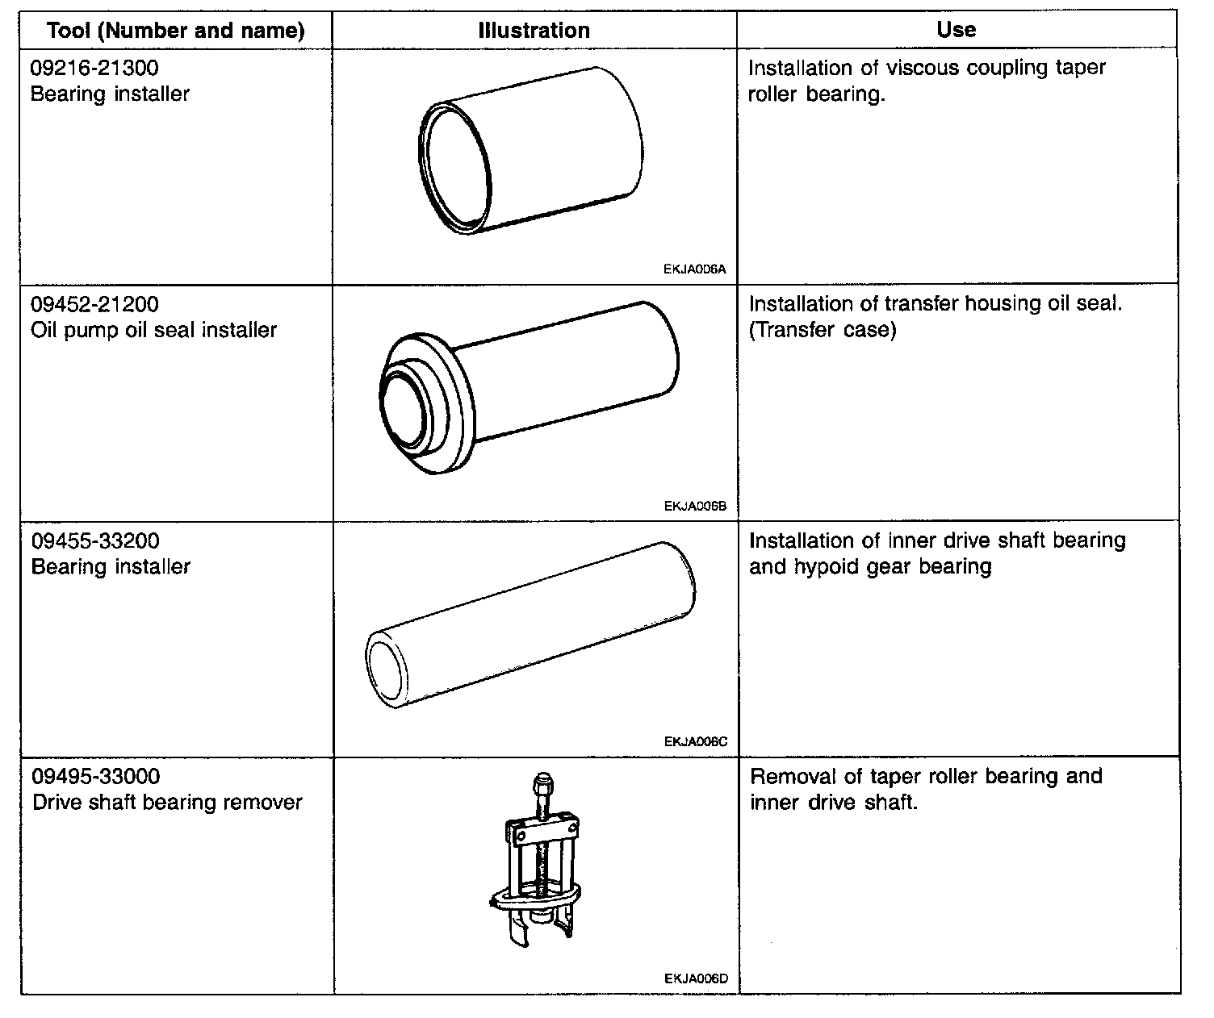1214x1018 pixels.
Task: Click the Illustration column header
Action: [x=534, y=31]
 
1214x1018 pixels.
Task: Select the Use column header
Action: [x=957, y=30]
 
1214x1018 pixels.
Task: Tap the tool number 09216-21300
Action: [x=94, y=68]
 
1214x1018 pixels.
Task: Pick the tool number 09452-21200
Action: [x=94, y=304]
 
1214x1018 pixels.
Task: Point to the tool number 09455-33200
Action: [x=95, y=540]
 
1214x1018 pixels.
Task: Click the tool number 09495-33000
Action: [x=96, y=777]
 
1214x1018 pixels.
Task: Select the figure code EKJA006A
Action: [x=695, y=269]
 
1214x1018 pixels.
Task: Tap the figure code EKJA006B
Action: [x=696, y=507]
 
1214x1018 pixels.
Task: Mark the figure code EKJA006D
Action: [x=696, y=979]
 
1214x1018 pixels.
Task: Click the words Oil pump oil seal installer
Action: [x=153, y=330]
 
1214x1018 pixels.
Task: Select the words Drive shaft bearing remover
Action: [x=167, y=803]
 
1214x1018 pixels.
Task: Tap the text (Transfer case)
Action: [x=823, y=331]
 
